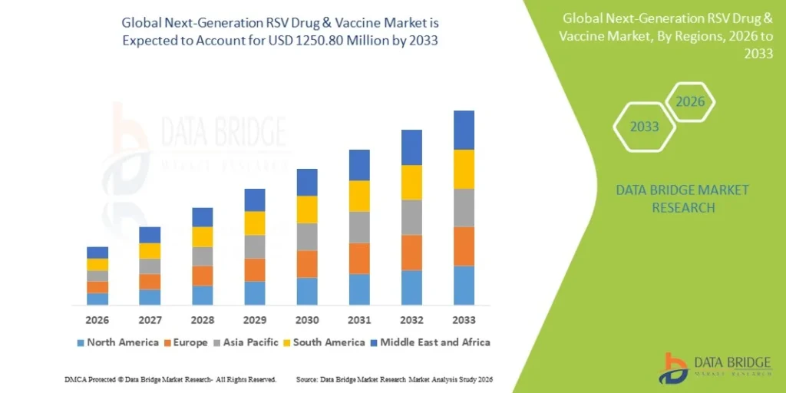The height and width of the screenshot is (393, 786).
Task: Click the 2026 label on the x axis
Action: (97, 319)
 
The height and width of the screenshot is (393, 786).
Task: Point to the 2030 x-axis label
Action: (307, 319)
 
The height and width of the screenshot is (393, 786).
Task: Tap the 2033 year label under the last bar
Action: (464, 319)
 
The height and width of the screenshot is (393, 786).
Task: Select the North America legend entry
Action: (117, 342)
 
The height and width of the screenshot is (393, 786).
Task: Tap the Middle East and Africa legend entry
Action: (434, 342)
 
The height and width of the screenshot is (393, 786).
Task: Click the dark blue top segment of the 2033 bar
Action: (464, 130)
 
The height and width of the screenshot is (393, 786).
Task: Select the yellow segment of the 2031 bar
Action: (359, 196)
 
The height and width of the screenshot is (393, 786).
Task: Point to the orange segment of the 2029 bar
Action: (255, 269)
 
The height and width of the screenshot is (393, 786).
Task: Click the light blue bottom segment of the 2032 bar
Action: (411, 287)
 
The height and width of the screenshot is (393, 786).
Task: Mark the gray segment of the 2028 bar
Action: (203, 256)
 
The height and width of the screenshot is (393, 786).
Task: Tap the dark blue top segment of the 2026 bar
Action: (97, 253)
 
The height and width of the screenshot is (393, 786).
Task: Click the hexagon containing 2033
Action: (645, 127)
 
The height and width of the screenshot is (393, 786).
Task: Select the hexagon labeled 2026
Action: (690, 101)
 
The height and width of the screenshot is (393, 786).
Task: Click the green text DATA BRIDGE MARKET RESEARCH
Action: (682, 199)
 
